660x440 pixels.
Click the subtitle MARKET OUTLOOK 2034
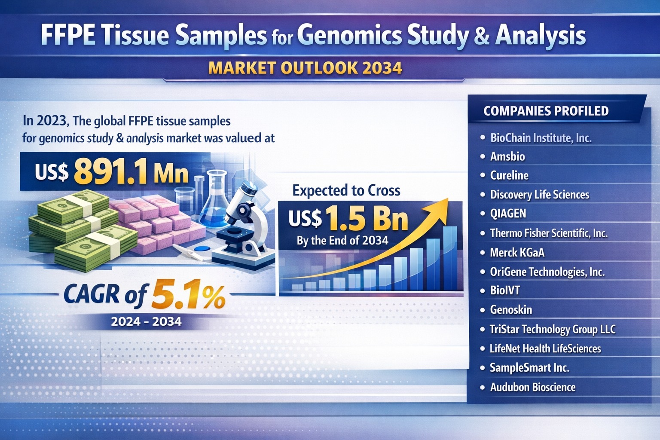coord(305,68)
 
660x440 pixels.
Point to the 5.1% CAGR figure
coord(187,295)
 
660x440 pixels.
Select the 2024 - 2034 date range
coord(146,321)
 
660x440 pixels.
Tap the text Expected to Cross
coord(346,190)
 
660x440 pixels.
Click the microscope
coord(243,223)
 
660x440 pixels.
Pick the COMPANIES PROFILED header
coord(546,111)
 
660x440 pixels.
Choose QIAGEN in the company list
coord(508,214)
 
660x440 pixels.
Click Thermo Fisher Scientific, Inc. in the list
coord(549,233)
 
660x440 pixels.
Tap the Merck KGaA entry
coord(517,253)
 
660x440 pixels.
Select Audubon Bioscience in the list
coord(532,387)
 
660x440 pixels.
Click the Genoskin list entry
coord(511,310)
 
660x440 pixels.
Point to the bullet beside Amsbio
coord(482,156)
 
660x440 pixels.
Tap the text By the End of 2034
coord(342,241)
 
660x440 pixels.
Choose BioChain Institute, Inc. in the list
coord(541,138)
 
